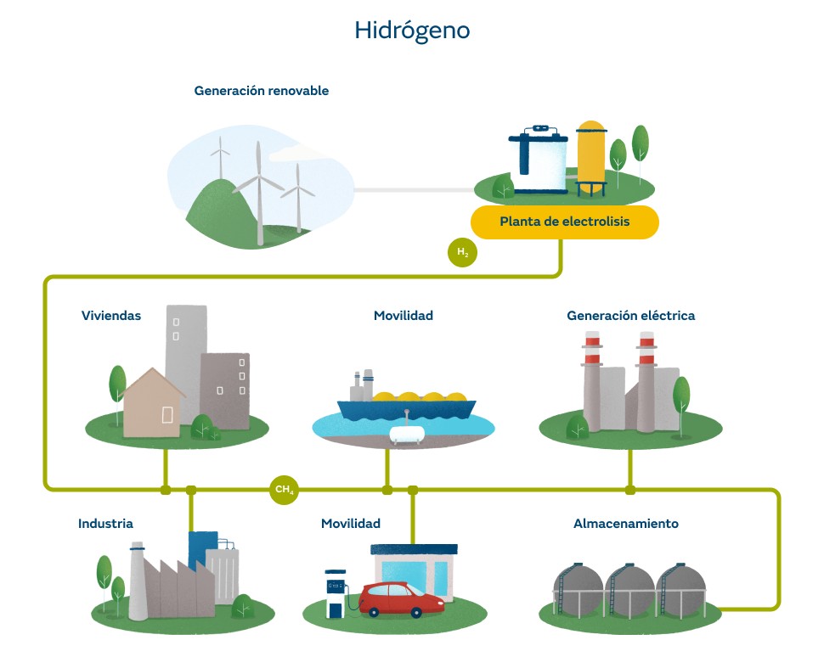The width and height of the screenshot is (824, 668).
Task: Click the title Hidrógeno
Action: pyautogui.click(x=412, y=31)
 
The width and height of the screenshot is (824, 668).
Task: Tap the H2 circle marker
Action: pyautogui.click(x=462, y=252)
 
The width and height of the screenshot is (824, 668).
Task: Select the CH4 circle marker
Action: pyautogui.click(x=284, y=490)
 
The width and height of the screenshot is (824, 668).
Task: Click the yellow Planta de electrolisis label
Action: pyautogui.click(x=564, y=222)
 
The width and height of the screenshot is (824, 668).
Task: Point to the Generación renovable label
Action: pyautogui.click(x=261, y=90)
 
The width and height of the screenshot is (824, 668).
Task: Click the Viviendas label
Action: pyautogui.click(x=111, y=316)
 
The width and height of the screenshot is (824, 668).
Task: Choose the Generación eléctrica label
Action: pyautogui.click(x=630, y=316)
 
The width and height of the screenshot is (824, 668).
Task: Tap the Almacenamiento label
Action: pyautogui.click(x=625, y=524)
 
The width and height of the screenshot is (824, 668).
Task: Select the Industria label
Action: pyautogui.click(x=105, y=524)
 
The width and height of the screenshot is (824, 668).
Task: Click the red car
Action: pyautogui.click(x=401, y=598)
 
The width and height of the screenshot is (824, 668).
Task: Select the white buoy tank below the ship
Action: pyautogui.click(x=407, y=433)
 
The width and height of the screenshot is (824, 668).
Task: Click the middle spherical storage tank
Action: pyautogui.click(x=629, y=588)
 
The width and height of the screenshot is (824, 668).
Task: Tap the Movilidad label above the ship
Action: pyautogui.click(x=404, y=316)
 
